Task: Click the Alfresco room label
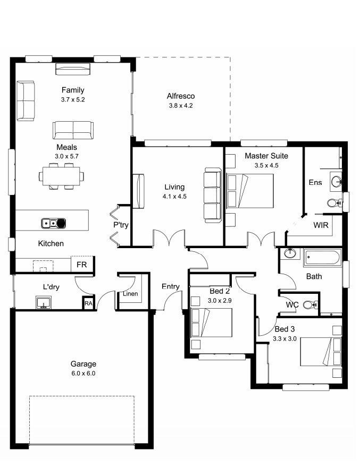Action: (181, 96)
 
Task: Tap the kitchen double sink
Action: (54, 223)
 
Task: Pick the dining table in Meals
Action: (61, 176)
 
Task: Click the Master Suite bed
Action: (249, 191)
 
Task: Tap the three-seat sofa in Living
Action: (213, 195)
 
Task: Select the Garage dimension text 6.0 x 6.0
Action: (83, 373)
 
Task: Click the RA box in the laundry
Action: (88, 303)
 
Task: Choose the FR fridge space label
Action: (81, 265)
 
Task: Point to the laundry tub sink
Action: (44, 303)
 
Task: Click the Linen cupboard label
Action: (130, 294)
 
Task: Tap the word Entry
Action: (171, 286)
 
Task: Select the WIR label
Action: (321, 225)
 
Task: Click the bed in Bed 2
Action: (211, 323)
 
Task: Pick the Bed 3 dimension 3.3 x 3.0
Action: (284, 338)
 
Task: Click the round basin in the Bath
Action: (290, 253)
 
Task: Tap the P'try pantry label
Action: (121, 225)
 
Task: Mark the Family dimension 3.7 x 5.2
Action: (73, 99)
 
